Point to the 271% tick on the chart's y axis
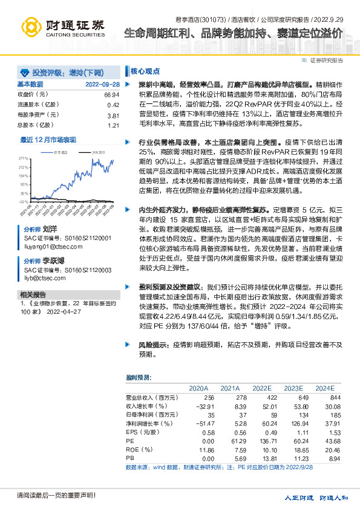click(x=24, y=157)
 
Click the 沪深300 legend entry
click(x=97, y=153)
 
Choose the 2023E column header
click(x=293, y=388)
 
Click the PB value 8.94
click(x=326, y=459)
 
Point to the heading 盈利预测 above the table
click(x=138, y=378)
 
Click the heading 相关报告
click(x=30, y=294)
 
